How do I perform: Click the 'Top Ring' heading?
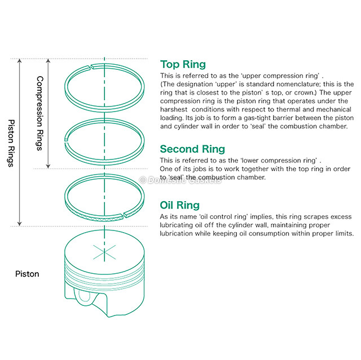[183, 64]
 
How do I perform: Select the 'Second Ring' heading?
[192, 149]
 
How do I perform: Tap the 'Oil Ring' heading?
[179, 205]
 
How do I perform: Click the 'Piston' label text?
[27, 274]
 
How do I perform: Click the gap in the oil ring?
[125, 215]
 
